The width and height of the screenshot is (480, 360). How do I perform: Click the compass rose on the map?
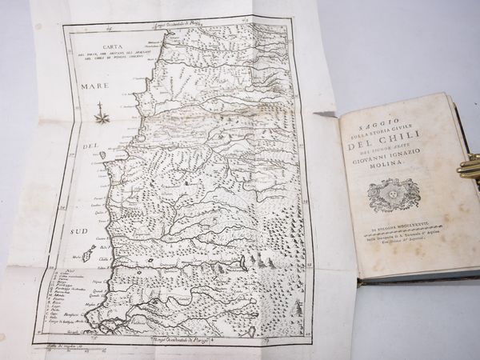pyautogui.click(x=101, y=118)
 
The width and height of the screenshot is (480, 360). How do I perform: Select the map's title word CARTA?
pyautogui.click(x=102, y=45)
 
